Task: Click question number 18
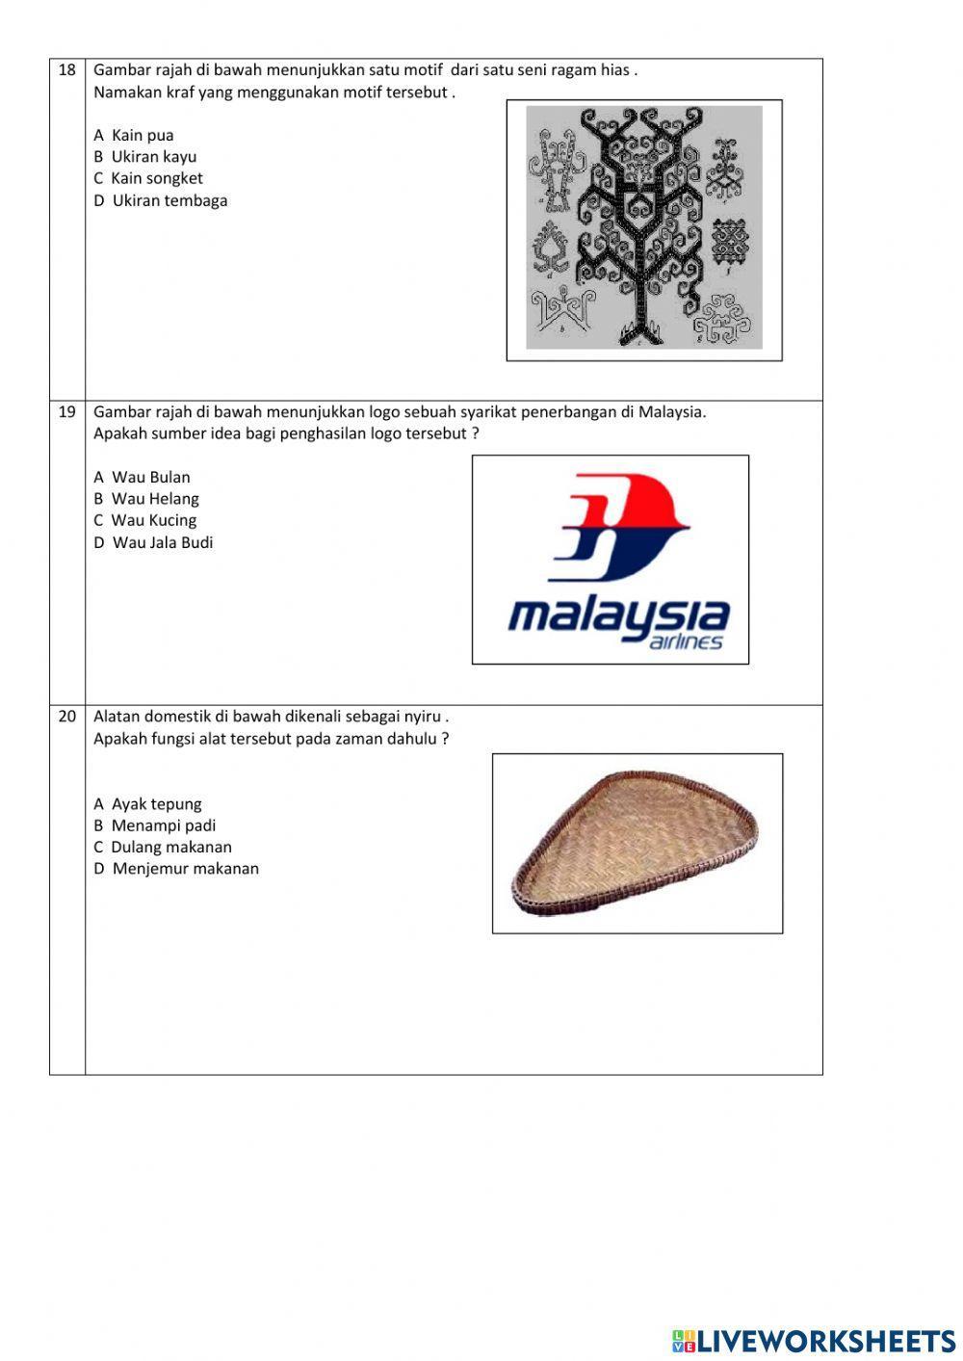(66, 69)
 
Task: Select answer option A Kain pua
(134, 136)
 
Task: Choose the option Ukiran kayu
(145, 157)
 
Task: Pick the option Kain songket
(148, 178)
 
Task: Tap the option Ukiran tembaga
(161, 201)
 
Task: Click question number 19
(66, 411)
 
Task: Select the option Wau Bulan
(143, 478)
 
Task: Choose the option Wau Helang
(146, 499)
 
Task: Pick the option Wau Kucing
(145, 520)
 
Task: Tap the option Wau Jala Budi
(153, 542)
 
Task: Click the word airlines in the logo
(686, 641)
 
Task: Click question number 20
(66, 716)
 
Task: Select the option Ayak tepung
(148, 804)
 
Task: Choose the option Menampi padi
(155, 825)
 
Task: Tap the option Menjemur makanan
(176, 869)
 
